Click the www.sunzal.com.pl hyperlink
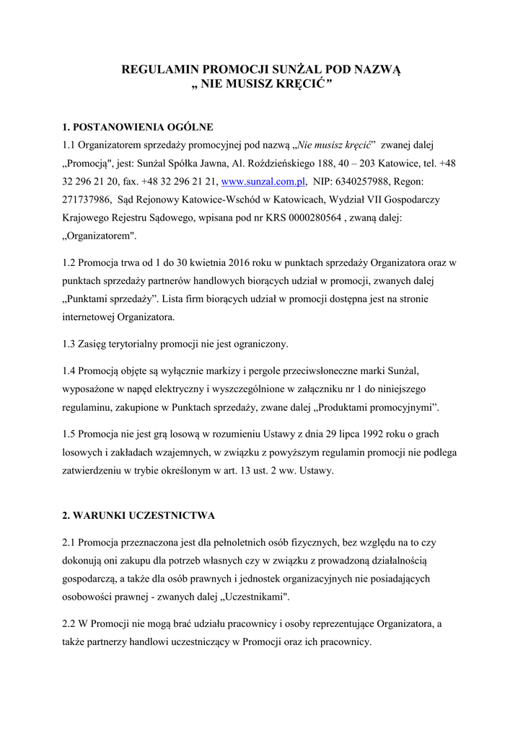click(x=263, y=182)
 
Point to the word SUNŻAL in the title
click(x=297, y=70)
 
